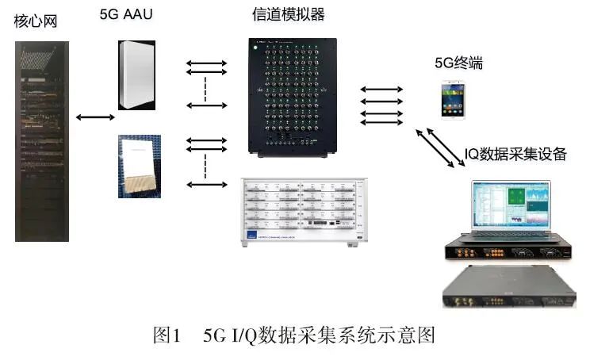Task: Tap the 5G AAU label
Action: tap(126, 14)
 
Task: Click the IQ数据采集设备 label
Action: tap(516, 153)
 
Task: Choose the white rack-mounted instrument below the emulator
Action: tap(302, 209)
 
